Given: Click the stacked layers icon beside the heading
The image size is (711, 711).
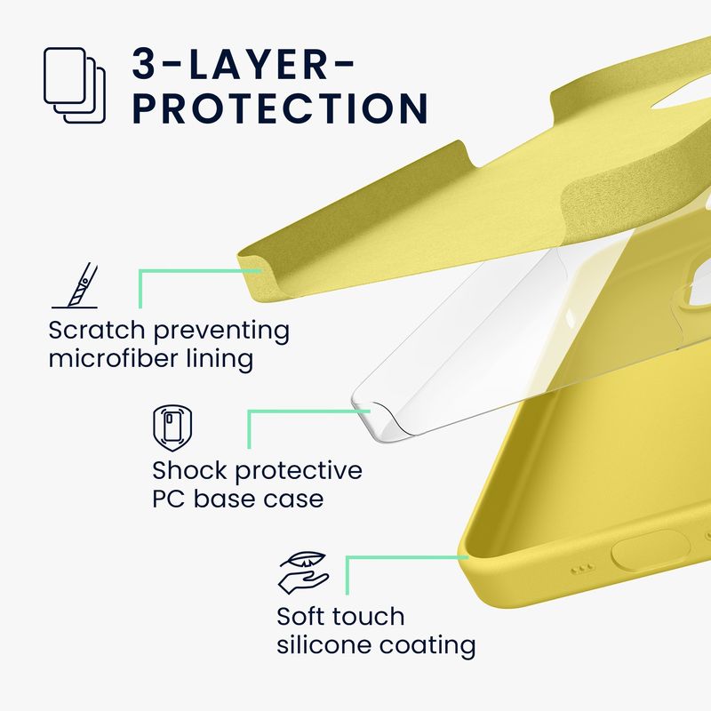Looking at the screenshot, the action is [x=75, y=85].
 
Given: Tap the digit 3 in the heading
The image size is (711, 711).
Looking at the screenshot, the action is [x=146, y=64].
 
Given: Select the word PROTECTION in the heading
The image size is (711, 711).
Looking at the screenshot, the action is [x=281, y=108].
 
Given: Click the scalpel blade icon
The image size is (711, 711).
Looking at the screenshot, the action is [x=75, y=285].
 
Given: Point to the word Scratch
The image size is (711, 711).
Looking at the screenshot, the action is [x=97, y=330].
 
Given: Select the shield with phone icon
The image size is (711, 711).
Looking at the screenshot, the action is [x=172, y=428].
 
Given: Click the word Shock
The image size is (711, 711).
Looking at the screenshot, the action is [x=189, y=470].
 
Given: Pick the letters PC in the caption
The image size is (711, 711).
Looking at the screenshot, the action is [x=168, y=499].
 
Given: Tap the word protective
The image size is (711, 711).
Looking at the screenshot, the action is [x=299, y=471].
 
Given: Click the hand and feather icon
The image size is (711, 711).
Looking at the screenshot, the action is [x=303, y=572].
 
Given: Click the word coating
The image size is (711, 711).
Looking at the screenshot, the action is [x=427, y=646].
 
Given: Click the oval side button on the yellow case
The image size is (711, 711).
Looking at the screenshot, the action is [x=650, y=550].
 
